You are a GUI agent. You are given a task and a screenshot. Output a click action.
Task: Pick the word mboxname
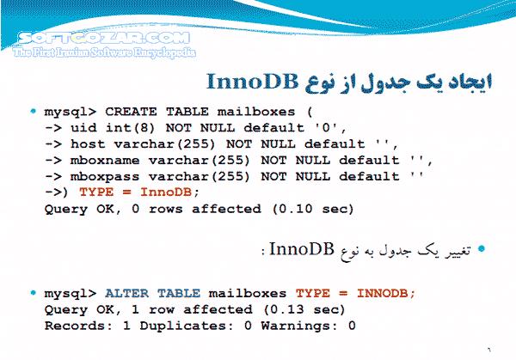click(x=107, y=160)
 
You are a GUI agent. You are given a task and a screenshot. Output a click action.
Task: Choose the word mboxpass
click(x=107, y=176)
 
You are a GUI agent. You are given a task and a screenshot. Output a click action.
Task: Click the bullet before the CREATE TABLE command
click(x=33, y=112)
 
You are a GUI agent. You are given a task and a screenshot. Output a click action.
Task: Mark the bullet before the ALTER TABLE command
click(x=33, y=293)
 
